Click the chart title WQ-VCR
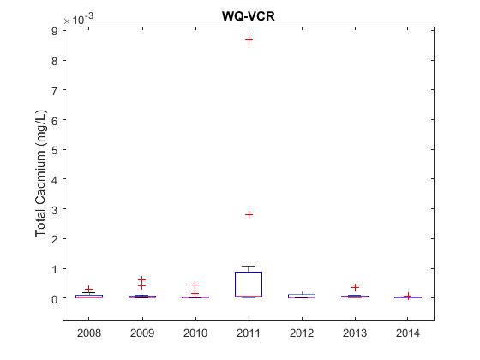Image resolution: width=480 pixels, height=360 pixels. (249, 16)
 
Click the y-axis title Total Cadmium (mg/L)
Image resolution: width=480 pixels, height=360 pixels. (40, 173)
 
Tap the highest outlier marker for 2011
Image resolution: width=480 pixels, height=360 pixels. (249, 39)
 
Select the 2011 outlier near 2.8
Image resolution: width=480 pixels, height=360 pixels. (249, 215)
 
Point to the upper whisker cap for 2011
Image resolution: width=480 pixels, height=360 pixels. (249, 266)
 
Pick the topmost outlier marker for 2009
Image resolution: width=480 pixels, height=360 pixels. (141, 279)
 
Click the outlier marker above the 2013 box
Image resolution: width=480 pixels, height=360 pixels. (355, 287)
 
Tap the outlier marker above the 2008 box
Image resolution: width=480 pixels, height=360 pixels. (89, 290)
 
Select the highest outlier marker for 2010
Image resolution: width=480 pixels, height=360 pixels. (195, 285)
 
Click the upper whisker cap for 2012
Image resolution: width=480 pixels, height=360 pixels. (302, 291)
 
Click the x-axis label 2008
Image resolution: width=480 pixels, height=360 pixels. (89, 333)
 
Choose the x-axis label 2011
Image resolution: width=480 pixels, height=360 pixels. (249, 333)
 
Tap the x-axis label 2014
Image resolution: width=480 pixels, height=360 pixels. (408, 333)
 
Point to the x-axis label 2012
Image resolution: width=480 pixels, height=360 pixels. (302, 333)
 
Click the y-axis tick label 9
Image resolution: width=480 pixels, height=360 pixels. (55, 31)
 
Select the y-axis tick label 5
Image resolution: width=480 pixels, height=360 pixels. (55, 150)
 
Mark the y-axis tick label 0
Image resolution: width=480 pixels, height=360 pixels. (55, 299)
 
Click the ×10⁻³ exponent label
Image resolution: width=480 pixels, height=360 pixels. (78, 19)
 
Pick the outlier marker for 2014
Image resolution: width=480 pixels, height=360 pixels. (408, 296)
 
